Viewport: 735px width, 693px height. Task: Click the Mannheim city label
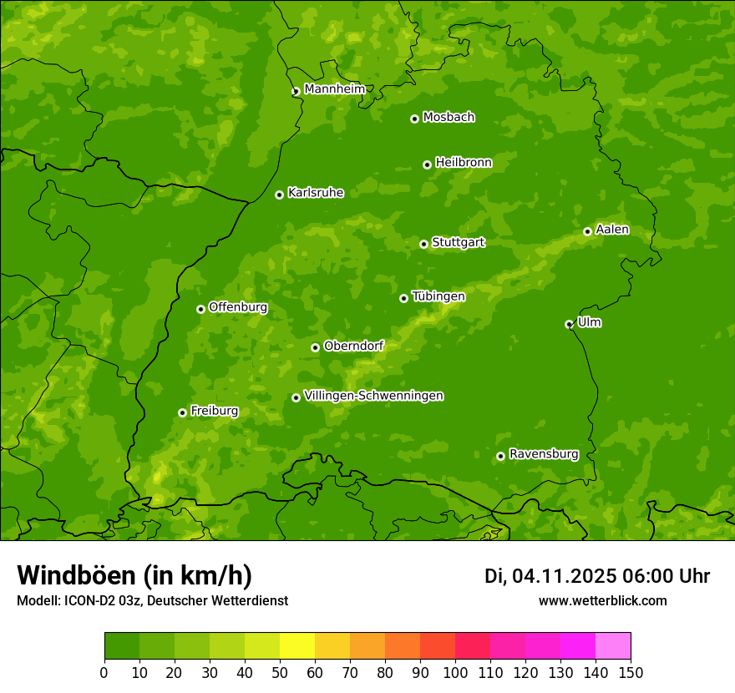335,89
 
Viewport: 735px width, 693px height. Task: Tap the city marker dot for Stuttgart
423,244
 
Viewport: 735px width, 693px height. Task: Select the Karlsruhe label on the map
316,193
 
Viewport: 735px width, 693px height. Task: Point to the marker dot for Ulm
569,324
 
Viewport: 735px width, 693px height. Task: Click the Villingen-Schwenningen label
374,396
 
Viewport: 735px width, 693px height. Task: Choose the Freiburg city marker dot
182,412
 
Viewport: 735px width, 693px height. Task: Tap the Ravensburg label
544,454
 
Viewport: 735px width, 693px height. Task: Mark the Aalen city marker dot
587,231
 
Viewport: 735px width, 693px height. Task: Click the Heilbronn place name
464,163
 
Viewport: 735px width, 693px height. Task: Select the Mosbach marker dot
414,119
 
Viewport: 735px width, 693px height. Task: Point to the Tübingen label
438,296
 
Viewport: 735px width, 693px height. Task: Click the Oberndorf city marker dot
315,347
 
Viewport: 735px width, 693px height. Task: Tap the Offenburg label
238,307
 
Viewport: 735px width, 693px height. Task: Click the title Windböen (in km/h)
134,575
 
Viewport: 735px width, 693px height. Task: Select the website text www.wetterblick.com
602,600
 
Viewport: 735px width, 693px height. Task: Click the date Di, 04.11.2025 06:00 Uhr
597,576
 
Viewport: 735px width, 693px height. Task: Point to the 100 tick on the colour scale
455,672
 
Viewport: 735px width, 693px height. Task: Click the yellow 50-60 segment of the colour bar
297,646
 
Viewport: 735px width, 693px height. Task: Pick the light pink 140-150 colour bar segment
613,646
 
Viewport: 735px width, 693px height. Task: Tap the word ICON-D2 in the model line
88,600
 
